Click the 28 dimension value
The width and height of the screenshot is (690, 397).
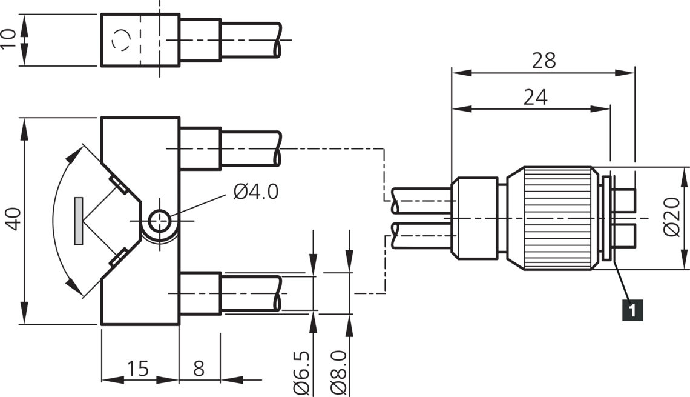544,61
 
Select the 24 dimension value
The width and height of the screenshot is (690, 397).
536,98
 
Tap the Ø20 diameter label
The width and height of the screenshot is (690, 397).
671,217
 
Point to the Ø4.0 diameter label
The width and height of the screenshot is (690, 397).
255,192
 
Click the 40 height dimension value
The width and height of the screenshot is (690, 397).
13,219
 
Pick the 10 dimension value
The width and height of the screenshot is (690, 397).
8,39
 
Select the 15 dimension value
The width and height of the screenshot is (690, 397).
138,369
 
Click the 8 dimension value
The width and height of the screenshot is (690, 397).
199,369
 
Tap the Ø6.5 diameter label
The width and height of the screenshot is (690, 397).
302,373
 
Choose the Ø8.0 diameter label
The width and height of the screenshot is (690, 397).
339,373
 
